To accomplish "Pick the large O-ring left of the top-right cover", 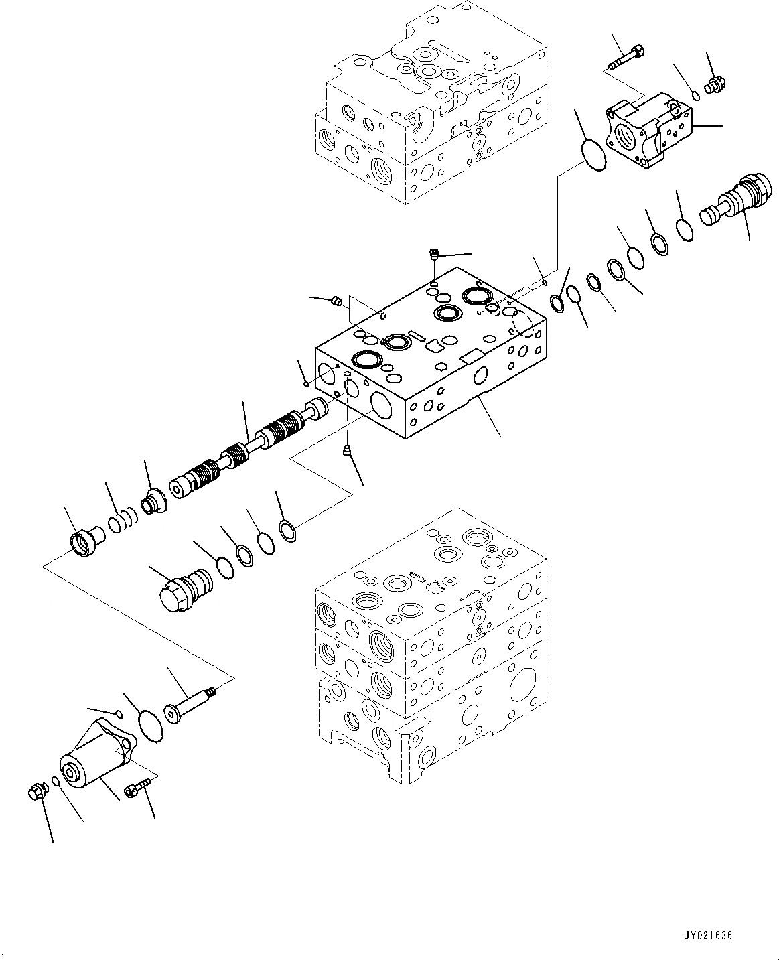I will click(x=593, y=153).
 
